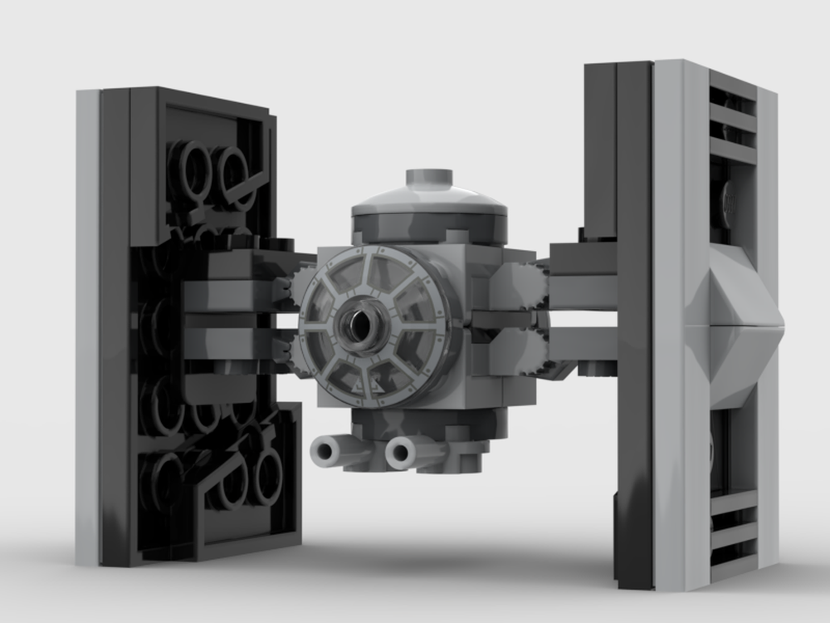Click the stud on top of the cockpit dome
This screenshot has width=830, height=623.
pos(429,177)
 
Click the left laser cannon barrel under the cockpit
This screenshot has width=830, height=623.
pos(326,451)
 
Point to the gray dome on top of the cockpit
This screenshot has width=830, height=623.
pos(429,199)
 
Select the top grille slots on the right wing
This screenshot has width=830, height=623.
pos(732,116)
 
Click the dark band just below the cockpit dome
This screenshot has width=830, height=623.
pos(429,226)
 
